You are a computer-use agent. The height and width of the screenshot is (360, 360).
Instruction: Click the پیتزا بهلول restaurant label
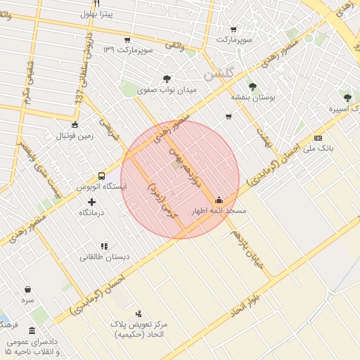pos(96,13)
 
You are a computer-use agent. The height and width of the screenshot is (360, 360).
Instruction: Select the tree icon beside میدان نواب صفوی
pos(167,79)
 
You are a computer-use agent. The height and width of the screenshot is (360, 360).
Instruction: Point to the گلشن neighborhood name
pos(218,73)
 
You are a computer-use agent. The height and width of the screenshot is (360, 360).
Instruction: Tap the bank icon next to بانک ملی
pos(318,138)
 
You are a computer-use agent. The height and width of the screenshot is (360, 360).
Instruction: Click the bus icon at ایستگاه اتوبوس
pos(102,176)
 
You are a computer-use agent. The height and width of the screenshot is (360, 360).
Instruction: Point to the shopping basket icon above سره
pos(27,289)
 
